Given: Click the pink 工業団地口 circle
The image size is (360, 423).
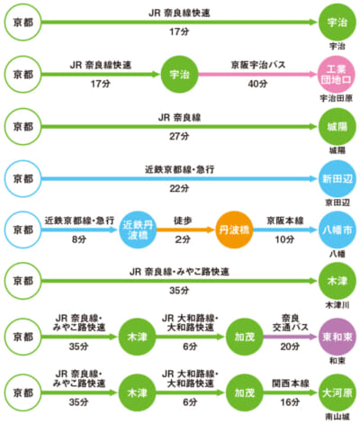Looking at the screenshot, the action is coord(337,75).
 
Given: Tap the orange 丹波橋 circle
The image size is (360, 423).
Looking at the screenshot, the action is coord(234,229).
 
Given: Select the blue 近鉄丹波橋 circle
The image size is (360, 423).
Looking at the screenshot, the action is coord(138,229).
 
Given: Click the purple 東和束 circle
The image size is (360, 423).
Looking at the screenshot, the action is coord(337,337).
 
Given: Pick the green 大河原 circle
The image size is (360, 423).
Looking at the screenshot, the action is coord(337,392).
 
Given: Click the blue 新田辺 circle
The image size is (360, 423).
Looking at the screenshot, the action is coord(337,179).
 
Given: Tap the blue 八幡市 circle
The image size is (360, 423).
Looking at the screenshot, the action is coord(337,229).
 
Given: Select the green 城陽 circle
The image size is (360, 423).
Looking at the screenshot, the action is coord(337,127).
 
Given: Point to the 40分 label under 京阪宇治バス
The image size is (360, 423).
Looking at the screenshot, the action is coord(257,84).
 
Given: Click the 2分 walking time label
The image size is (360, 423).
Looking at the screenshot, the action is coord(183,239).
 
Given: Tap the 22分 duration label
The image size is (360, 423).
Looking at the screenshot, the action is coord(179,188).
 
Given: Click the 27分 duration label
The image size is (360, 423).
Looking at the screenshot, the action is coord(179,136).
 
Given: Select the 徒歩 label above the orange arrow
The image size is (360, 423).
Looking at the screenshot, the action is coord(183,220).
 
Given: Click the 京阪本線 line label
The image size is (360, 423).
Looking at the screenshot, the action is coord(285,220).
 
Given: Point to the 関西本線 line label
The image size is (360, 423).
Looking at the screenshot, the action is coord(291,383).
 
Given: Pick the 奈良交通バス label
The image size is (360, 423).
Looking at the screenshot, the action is coord(290,322).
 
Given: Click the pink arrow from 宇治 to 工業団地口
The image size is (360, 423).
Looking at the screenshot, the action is coord(258,75).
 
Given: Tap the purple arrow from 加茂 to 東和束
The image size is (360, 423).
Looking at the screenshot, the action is coord(291,337).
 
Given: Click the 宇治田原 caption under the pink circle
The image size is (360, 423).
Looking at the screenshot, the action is coord(336,98).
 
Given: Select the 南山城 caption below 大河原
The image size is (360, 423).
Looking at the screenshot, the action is coord(337,417).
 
